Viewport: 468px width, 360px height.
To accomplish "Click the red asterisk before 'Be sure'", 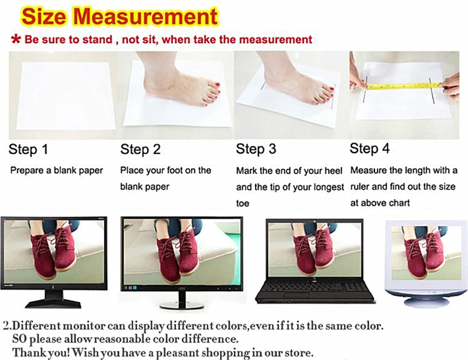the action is tap(16, 39).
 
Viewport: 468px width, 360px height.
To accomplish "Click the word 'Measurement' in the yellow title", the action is tap(146, 16).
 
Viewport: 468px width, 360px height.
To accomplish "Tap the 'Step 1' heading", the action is tap(28, 150).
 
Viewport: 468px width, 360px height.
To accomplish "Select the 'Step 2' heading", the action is tap(140, 150).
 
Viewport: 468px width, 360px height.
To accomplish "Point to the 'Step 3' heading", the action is tap(256, 149).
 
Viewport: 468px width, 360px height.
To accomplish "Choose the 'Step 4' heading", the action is tap(370, 148).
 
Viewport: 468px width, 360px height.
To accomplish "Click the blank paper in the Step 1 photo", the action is tap(66, 95).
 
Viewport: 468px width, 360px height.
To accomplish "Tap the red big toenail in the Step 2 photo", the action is tap(217, 85).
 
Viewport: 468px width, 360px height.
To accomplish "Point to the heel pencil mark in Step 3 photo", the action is tap(263, 86).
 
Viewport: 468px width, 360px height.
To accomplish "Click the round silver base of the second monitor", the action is tap(182, 305).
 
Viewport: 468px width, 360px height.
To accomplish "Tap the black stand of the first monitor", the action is tap(53, 299).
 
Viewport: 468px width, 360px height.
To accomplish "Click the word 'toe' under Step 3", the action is tap(242, 203).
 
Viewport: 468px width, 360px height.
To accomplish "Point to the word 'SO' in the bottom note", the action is tap(19, 339).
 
